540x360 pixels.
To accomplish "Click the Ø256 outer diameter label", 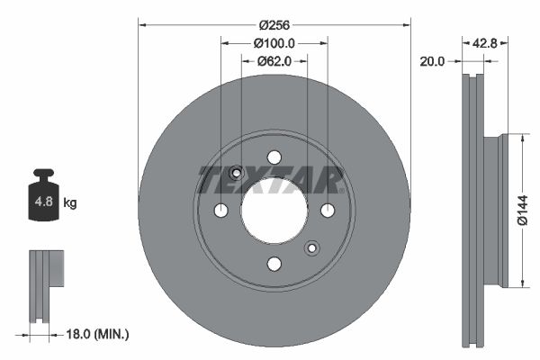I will click(x=274, y=25).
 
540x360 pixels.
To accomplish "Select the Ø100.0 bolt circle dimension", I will click(x=274, y=43).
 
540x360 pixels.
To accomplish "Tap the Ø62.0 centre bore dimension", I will click(x=274, y=61).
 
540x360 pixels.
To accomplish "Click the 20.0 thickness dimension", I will click(x=433, y=61).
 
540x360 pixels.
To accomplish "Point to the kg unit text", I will click(x=70, y=203).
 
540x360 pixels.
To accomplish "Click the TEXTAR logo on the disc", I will click(x=270, y=180).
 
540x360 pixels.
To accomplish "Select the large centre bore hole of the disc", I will click(x=274, y=211).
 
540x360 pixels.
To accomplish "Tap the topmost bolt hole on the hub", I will click(x=274, y=157).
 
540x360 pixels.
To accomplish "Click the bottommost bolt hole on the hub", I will click(x=274, y=264).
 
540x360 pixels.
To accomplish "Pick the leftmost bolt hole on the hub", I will click(x=220, y=211).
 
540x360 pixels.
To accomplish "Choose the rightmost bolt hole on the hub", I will click(x=328, y=211).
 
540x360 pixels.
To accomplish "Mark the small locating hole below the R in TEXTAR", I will click(x=312, y=248).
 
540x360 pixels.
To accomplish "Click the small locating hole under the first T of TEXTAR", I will click(x=236, y=173).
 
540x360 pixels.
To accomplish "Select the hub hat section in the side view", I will click(x=492, y=211).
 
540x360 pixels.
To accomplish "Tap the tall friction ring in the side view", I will click(x=472, y=211).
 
